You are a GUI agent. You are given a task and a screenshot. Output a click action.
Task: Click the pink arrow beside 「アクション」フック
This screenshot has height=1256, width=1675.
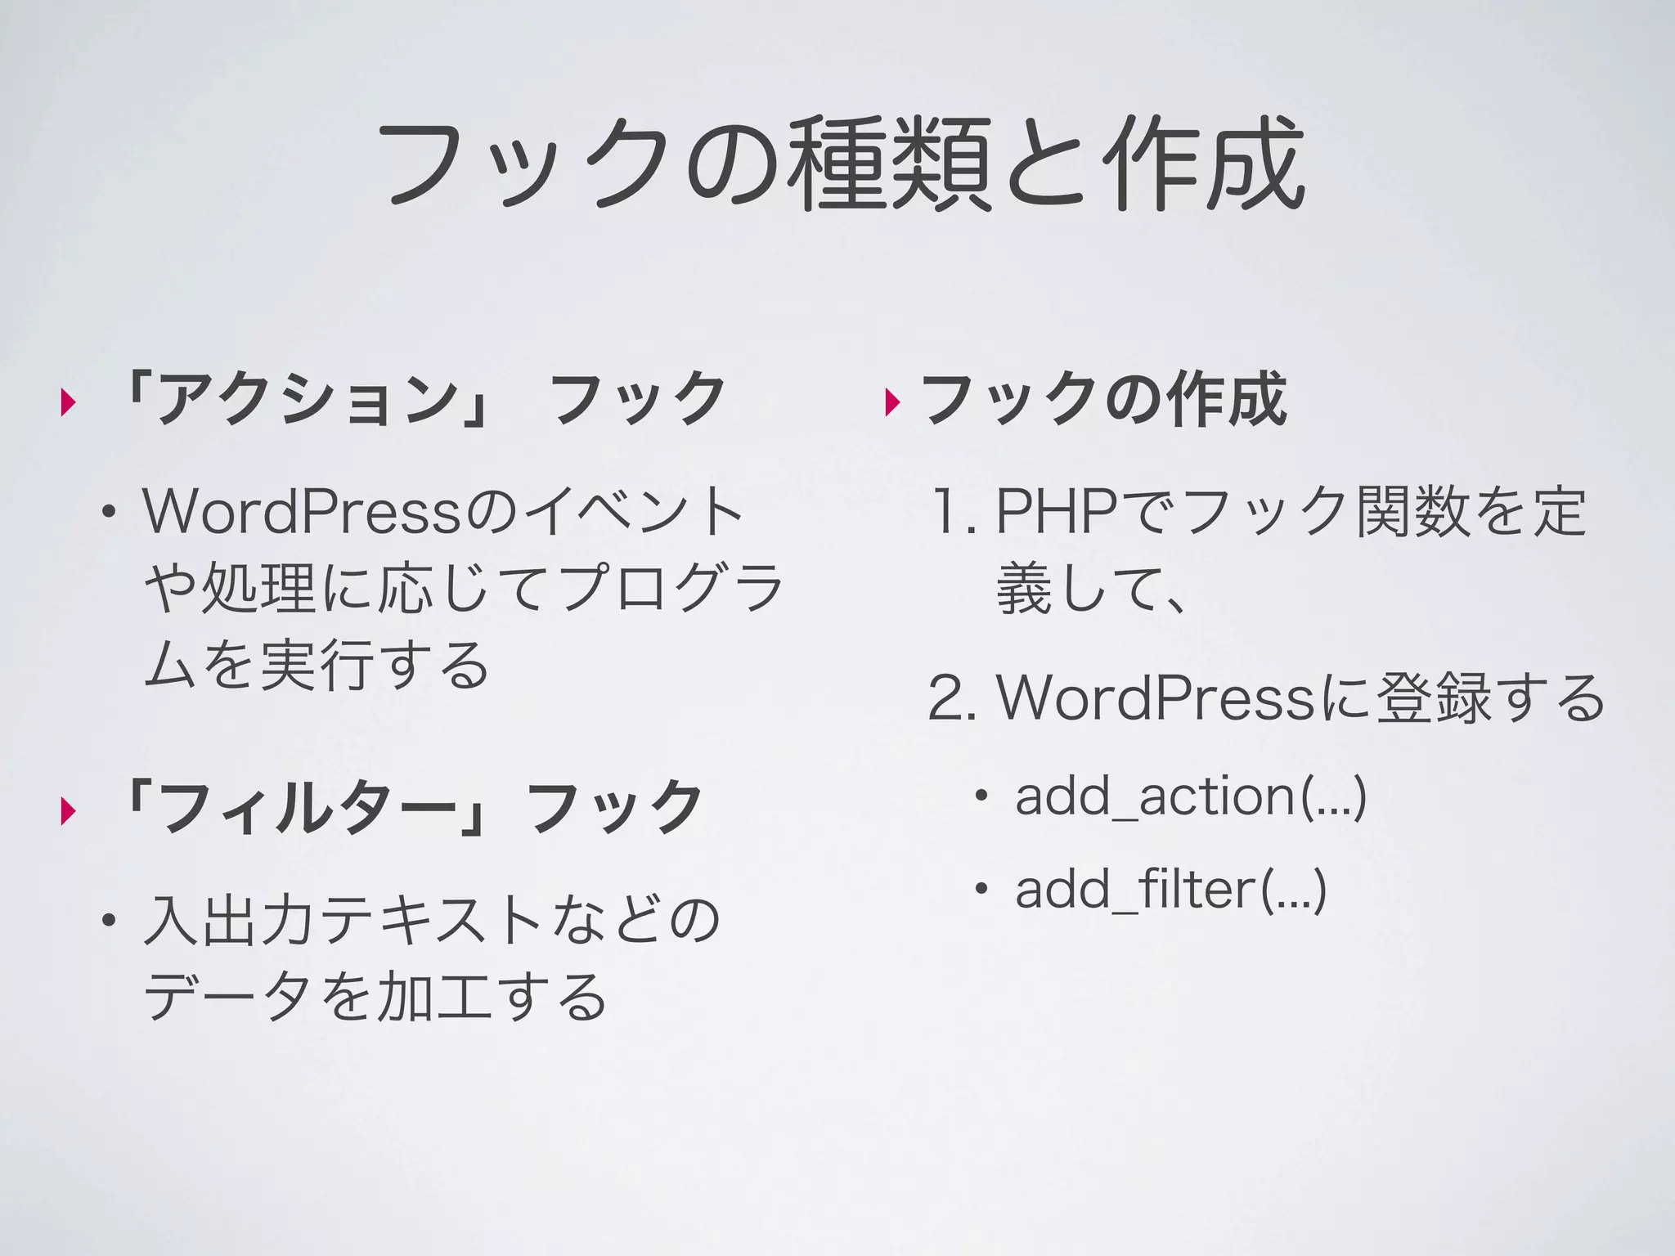(68, 402)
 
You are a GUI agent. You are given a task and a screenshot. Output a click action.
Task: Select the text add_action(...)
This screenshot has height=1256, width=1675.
(1191, 796)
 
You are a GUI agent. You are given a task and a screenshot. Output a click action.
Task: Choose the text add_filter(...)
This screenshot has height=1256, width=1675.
(1170, 890)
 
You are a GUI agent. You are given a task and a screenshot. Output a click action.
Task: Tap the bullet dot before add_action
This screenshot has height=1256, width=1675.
(981, 796)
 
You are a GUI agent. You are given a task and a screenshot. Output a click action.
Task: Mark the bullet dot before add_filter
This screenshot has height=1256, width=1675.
(981, 890)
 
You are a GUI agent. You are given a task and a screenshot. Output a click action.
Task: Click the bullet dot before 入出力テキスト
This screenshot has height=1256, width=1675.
(107, 922)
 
